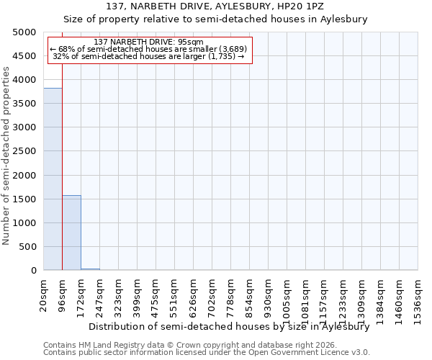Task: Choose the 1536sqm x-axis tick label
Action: click(x=418, y=295)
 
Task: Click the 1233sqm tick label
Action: click(x=343, y=295)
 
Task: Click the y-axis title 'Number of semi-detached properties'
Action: click(x=6, y=156)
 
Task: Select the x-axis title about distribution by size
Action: click(x=228, y=326)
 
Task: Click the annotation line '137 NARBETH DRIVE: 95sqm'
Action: click(x=149, y=42)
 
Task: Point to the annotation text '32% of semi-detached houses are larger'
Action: click(x=149, y=56)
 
